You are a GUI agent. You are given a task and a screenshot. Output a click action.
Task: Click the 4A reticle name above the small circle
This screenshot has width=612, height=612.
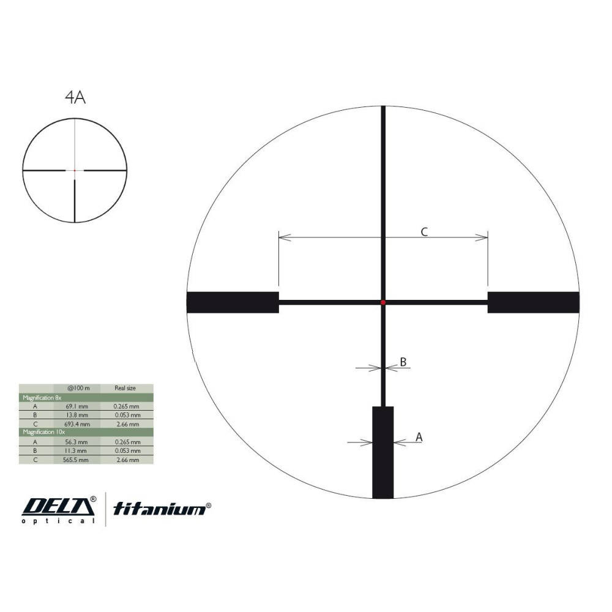(75, 97)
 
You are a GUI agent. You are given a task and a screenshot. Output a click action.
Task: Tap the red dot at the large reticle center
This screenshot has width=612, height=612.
(383, 302)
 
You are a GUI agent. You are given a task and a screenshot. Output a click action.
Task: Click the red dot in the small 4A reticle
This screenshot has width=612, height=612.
(75, 171)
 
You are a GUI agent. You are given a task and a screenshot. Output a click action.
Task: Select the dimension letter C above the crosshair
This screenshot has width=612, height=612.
(424, 232)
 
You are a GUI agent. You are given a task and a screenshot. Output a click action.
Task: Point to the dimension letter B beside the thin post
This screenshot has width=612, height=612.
(403, 362)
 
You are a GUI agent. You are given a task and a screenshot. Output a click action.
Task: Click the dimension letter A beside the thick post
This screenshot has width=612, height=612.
(419, 437)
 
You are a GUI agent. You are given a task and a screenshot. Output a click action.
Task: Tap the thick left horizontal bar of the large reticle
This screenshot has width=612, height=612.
(233, 302)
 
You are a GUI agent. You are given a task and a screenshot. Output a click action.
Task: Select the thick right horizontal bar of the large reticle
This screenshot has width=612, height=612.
(534, 302)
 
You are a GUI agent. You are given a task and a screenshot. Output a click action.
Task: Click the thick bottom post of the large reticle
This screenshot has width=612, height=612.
(383, 452)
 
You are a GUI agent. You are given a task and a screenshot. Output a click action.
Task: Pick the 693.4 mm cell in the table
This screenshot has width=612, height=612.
(77, 424)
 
